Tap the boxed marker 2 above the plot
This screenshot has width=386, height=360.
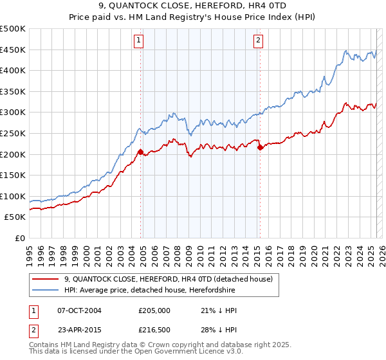258,40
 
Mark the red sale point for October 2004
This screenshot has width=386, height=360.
140,152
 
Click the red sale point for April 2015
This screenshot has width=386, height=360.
260,147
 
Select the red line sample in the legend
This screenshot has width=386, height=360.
45,279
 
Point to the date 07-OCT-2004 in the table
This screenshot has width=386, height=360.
79,310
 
